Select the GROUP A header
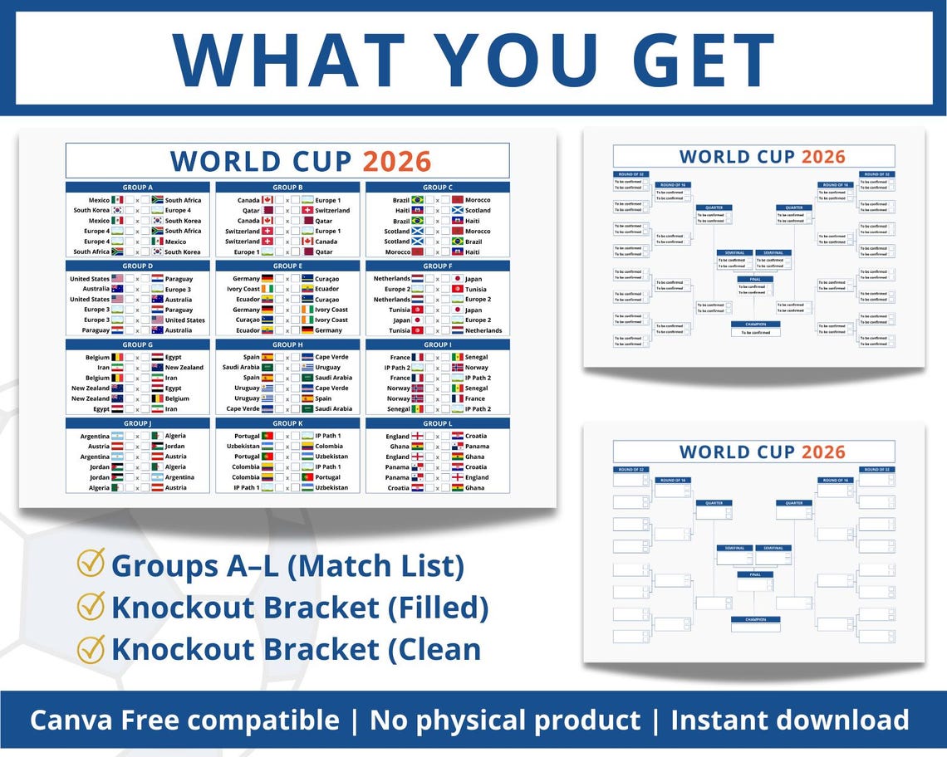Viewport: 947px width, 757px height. (x=138, y=188)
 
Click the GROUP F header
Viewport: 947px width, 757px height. (x=437, y=266)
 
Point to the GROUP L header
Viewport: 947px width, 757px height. (x=437, y=424)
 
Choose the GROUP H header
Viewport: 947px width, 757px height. (x=287, y=344)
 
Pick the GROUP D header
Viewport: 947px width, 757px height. (x=138, y=266)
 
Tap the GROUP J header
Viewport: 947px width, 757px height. (x=138, y=424)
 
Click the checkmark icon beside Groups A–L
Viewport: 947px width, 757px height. (x=91, y=564)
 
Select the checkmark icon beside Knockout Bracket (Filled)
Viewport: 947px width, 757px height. (x=91, y=606)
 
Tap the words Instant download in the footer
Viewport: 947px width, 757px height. (x=789, y=720)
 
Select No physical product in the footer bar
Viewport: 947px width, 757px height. (x=505, y=720)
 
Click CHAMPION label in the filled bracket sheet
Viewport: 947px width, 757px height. (x=756, y=324)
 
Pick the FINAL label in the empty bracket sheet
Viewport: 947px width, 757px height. (x=756, y=574)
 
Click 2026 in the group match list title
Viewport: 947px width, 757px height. (x=397, y=161)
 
